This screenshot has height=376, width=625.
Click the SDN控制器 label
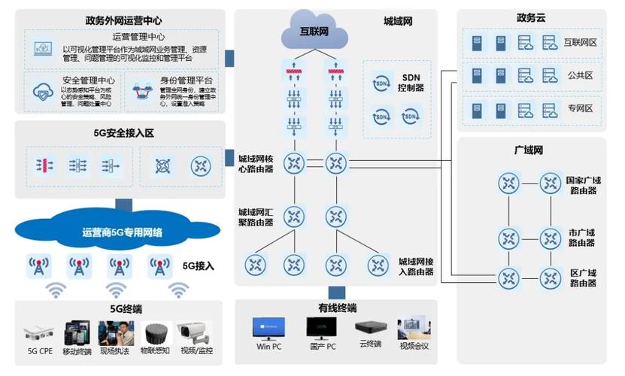point(411,82)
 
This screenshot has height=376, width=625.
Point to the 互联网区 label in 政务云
point(579,43)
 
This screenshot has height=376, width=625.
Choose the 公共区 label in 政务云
point(579,76)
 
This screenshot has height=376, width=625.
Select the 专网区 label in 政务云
point(579,109)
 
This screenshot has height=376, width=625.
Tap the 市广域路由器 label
point(581,237)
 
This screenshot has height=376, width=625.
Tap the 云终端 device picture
point(370,328)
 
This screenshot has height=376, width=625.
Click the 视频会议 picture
point(414,327)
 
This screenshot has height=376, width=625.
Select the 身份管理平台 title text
point(186,80)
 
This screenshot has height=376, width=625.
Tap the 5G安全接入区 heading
point(123,133)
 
